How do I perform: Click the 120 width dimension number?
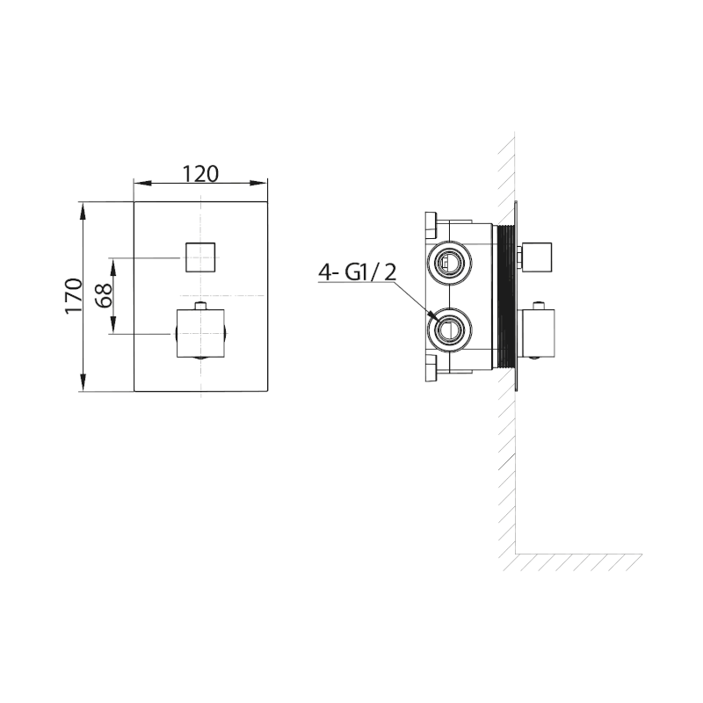(x=200, y=172)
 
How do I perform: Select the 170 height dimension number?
(x=74, y=295)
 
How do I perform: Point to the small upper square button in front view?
(x=200, y=256)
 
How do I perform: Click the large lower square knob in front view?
(x=200, y=334)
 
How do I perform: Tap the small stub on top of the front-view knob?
(x=200, y=306)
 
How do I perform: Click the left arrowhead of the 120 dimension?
(x=139, y=184)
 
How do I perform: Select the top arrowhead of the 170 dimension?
(x=82, y=207)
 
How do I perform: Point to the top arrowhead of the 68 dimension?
(x=113, y=262)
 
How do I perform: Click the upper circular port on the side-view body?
(x=448, y=261)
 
